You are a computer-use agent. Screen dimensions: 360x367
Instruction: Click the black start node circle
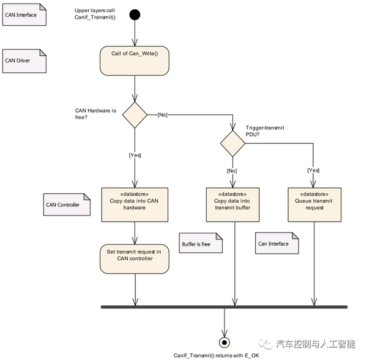point(134,14)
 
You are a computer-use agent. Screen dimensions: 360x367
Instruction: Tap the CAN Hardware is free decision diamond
point(135,115)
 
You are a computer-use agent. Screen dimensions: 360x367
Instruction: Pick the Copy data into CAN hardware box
point(134,203)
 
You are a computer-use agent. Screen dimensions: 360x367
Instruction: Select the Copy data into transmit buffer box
point(232,203)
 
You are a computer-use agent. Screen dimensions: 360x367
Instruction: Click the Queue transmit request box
point(314,203)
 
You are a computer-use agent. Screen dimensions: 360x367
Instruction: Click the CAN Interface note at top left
point(24,15)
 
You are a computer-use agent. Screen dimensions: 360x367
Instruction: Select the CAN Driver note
point(24,61)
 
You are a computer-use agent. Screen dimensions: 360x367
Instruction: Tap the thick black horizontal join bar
point(224,307)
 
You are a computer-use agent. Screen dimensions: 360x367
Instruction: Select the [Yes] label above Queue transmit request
point(314,170)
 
